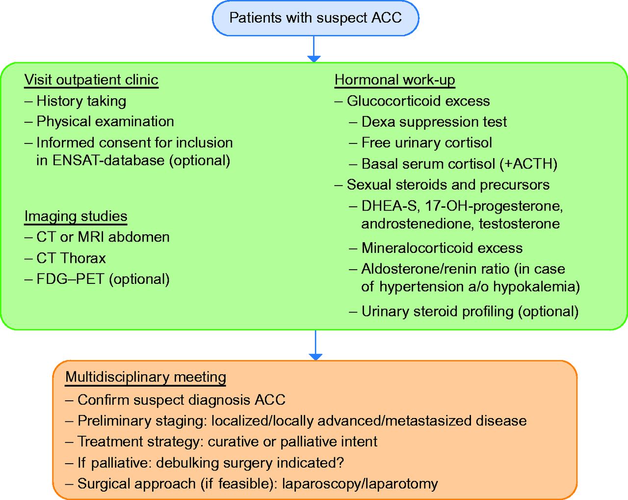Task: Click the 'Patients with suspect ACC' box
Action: (x=315, y=18)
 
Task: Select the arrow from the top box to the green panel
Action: (x=314, y=49)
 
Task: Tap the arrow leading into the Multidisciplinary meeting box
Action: (x=315, y=345)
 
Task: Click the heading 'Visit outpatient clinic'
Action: (x=91, y=80)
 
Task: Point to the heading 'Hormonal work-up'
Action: (x=394, y=80)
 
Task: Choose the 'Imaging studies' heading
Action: (x=76, y=216)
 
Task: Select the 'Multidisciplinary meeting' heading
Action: (x=146, y=377)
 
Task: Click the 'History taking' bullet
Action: (x=81, y=101)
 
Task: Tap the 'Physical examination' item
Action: (x=105, y=121)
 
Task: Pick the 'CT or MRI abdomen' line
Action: (x=103, y=237)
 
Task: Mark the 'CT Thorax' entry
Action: (x=71, y=258)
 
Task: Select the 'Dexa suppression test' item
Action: (x=434, y=122)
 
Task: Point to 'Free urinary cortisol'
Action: (x=426, y=142)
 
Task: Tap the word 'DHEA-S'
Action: (x=390, y=206)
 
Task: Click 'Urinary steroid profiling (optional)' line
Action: (x=470, y=311)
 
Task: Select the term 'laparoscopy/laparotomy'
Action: (x=360, y=484)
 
